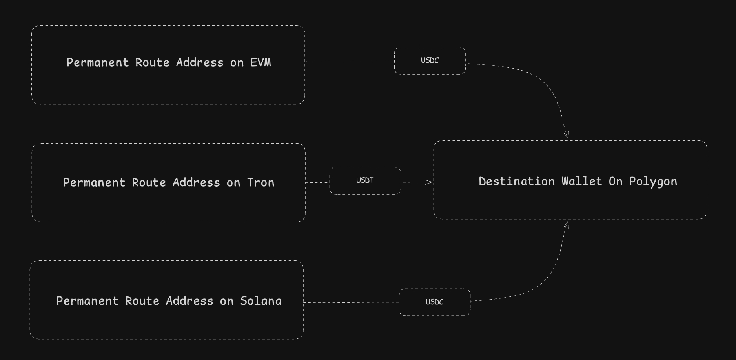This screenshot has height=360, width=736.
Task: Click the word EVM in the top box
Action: point(261,63)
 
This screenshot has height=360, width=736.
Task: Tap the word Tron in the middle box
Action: point(261,183)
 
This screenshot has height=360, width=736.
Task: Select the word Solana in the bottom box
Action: point(261,301)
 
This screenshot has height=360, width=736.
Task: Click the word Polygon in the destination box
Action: point(653,182)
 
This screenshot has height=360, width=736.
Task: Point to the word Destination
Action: point(517,182)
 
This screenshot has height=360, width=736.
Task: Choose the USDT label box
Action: point(365,180)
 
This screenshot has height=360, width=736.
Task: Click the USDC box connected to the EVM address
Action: point(430,60)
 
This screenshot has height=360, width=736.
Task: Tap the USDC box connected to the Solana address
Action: point(434,302)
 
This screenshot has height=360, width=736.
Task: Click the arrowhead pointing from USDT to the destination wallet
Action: point(429,182)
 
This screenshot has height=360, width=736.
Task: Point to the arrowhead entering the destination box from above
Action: point(566,135)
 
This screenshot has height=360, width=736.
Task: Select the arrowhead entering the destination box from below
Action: point(566,224)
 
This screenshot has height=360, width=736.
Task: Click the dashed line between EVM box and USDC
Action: point(349,62)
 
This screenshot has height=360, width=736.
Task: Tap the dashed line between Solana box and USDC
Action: point(351,302)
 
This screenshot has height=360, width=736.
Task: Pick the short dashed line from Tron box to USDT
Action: point(317,182)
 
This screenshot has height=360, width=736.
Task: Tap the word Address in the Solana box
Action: point(189,301)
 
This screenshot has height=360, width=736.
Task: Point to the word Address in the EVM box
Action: point(200,63)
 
